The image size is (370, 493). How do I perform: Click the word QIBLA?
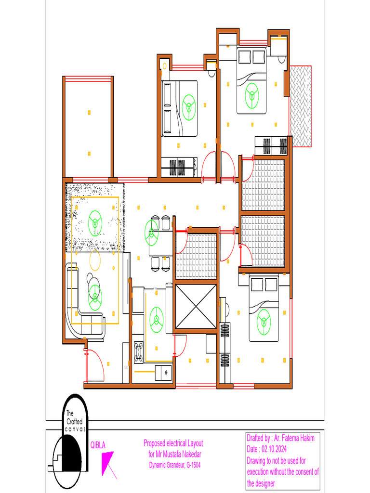pyautogui.click(x=98, y=445)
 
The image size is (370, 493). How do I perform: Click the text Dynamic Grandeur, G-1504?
pyautogui.click(x=173, y=465)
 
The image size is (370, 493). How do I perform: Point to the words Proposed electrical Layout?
pyautogui.click(x=173, y=443)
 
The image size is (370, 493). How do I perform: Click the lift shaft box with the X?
pyautogui.click(x=196, y=306)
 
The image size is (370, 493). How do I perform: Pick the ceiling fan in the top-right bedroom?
pyautogui.click(x=251, y=95)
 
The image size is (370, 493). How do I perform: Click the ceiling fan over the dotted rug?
pyautogui.click(x=96, y=222)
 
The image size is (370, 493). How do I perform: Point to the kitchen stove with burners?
pyautogui.click(x=139, y=351)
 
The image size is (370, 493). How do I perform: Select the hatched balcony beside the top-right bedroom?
pyautogui.click(x=301, y=106)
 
